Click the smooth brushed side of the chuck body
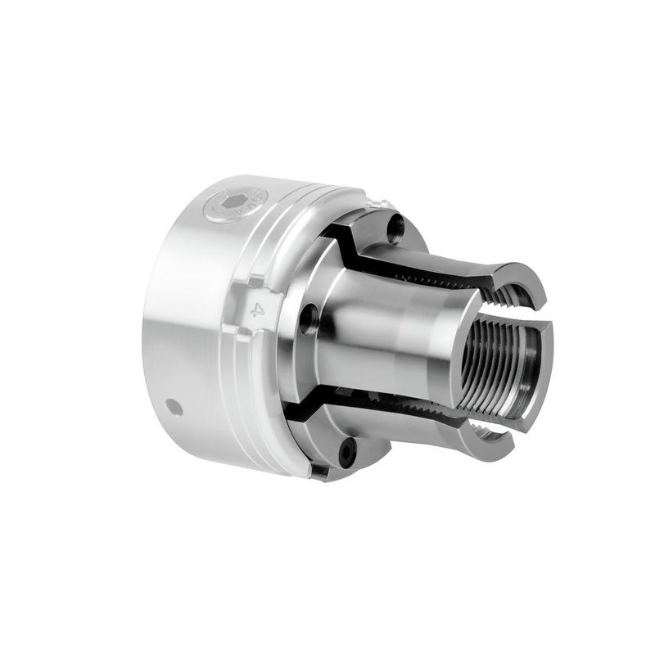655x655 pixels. (188, 344)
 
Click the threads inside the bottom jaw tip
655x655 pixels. (483, 426)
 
